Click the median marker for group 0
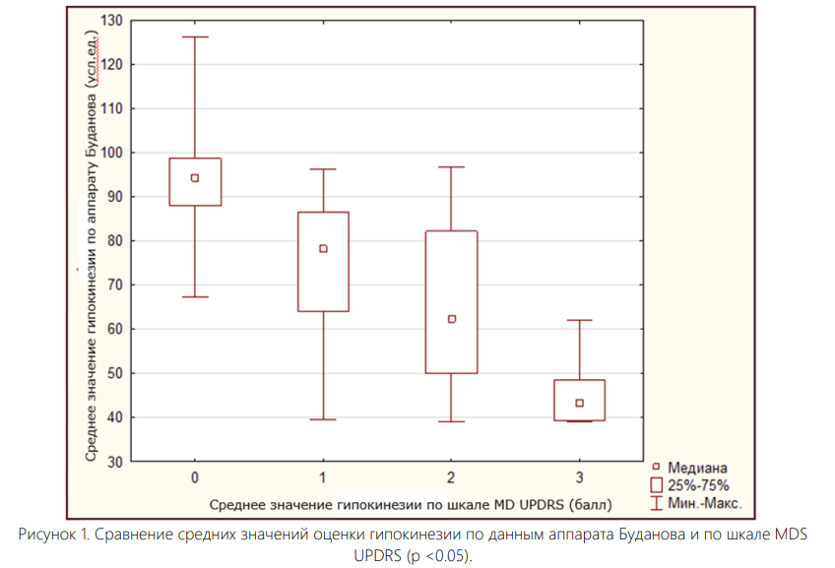195,178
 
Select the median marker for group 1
323,249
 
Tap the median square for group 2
452,319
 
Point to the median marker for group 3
580,403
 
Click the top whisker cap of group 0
195,36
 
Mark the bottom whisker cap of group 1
323,419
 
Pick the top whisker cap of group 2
452,167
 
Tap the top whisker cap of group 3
580,320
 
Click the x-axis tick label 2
452,477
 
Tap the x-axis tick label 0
195,477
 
